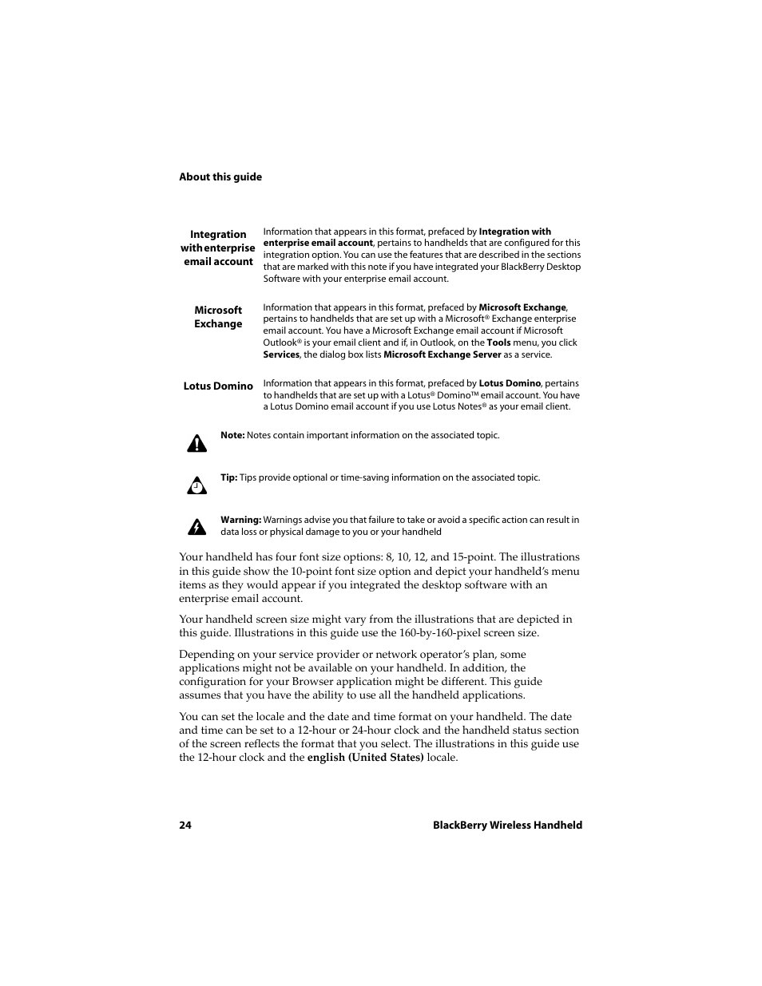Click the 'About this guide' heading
[x=220, y=177]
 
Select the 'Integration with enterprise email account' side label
[x=218, y=247]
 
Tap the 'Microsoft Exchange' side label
[x=218, y=317]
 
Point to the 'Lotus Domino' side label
[x=218, y=386]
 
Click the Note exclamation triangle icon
[x=196, y=444]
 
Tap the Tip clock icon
[x=196, y=485]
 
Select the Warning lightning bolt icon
[x=196, y=527]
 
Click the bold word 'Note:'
[x=232, y=436]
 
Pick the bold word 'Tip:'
[x=228, y=478]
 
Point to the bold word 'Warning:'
[x=240, y=520]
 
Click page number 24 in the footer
[x=185, y=826]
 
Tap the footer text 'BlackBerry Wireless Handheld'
[x=507, y=826]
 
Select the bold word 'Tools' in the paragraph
[x=498, y=343]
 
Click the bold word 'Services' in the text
[x=281, y=354]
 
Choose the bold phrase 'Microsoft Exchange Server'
[x=442, y=354]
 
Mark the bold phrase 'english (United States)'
[x=365, y=758]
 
